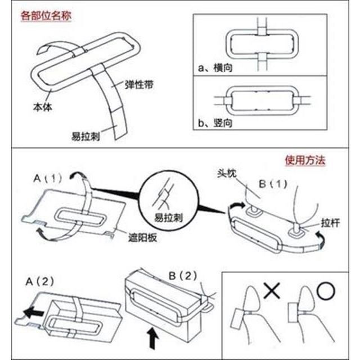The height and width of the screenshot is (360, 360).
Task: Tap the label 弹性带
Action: tap(137, 84)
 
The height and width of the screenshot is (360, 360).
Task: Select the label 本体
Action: tap(42, 106)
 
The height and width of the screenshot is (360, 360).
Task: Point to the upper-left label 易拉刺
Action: tap(85, 136)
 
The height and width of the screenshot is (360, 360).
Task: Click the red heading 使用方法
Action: tap(305, 160)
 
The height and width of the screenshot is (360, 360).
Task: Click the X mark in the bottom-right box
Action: tap(272, 291)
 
